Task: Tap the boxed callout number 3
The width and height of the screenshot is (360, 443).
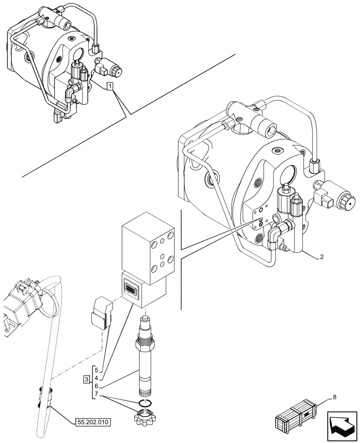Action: pyautogui.click(x=87, y=379)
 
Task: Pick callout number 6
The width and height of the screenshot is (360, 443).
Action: pyautogui.click(x=96, y=385)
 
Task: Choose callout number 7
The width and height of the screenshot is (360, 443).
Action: pyautogui.click(x=96, y=394)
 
